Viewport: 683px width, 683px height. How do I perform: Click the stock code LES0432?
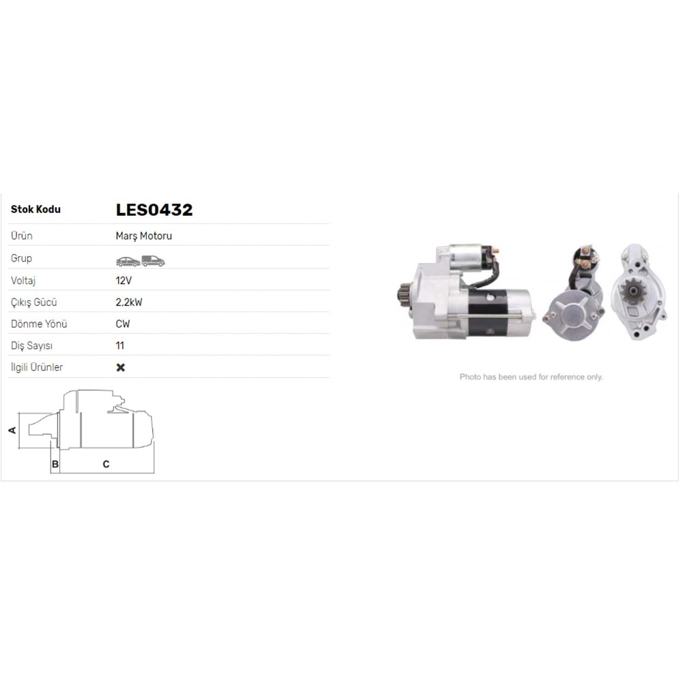(x=154, y=210)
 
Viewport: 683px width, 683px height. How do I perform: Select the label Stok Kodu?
(x=36, y=210)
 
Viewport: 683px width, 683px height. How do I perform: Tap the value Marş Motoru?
(x=143, y=236)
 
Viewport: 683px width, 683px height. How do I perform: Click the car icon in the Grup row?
(x=128, y=262)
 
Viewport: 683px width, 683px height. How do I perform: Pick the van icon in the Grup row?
(x=153, y=261)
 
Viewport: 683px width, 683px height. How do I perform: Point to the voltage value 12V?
(x=124, y=281)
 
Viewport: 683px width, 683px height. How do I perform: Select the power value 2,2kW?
(x=129, y=303)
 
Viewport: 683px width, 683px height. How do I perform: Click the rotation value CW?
(x=123, y=324)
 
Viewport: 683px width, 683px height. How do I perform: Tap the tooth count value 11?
(x=120, y=346)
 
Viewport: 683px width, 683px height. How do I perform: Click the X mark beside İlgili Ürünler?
(x=121, y=367)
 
